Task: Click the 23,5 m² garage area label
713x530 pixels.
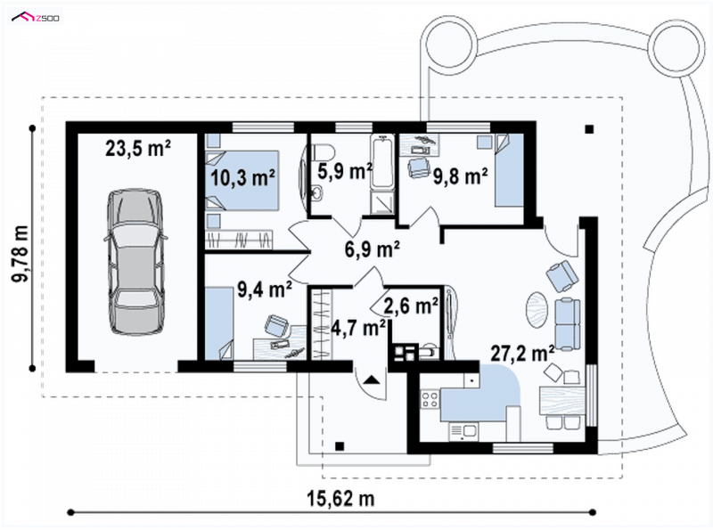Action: tap(138, 148)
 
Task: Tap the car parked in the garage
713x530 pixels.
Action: tap(136, 262)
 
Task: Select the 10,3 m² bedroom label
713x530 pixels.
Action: tap(243, 178)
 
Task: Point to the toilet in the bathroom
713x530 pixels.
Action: tap(324, 151)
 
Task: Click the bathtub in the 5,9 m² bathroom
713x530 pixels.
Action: tap(382, 162)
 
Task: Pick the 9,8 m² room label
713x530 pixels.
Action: tap(461, 176)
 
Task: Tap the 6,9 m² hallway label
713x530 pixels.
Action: tap(373, 249)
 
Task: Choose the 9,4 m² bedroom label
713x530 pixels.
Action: tap(265, 289)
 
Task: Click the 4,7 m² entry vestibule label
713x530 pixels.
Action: tap(359, 327)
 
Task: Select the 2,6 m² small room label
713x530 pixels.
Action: tap(411, 306)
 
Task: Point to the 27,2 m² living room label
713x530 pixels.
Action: tap(522, 353)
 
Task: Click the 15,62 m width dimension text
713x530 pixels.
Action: tap(341, 499)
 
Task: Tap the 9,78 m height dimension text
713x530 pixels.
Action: tap(20, 253)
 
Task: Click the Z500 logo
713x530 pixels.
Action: tap(36, 18)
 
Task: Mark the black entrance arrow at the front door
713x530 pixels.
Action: tap(372, 380)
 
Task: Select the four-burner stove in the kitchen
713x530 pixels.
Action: tap(430, 399)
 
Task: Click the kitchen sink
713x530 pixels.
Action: tap(463, 431)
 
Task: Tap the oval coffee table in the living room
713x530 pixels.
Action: tap(538, 310)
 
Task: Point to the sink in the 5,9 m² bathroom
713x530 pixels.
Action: tap(317, 193)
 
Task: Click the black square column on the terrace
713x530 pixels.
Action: tap(589, 129)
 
